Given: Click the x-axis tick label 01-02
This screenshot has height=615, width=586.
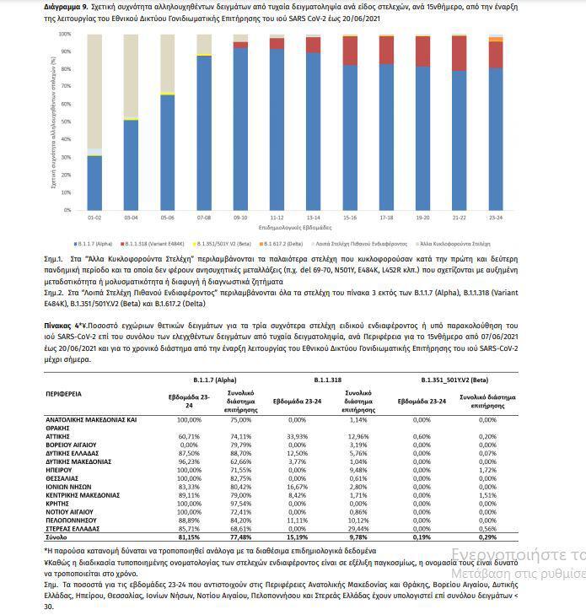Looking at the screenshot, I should (x=94, y=217).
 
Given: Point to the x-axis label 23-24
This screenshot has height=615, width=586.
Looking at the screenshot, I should (x=496, y=217).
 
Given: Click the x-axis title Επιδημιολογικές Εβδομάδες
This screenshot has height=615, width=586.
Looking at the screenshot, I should (x=295, y=226).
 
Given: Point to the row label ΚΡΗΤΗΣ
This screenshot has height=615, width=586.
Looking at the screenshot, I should (x=58, y=502).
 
